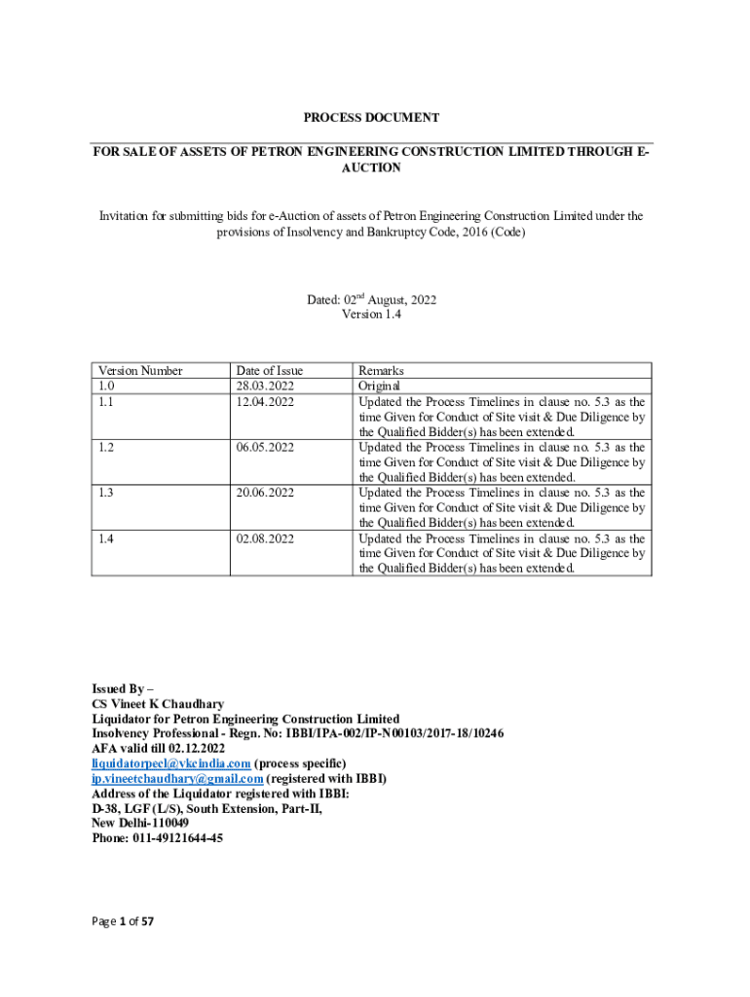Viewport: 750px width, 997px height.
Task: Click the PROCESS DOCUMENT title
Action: [x=371, y=118]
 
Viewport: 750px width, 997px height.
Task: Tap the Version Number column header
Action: [x=140, y=371]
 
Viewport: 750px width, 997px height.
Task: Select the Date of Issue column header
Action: [x=270, y=371]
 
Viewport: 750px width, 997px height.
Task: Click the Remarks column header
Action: [x=381, y=371]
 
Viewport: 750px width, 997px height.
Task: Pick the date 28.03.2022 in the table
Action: [x=265, y=387]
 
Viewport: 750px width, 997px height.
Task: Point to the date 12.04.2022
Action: [x=265, y=401]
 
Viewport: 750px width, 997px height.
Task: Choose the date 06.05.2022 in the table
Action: [x=265, y=447]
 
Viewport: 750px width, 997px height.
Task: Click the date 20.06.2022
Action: [x=265, y=493]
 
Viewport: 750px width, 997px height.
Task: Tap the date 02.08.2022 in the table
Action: [x=265, y=538]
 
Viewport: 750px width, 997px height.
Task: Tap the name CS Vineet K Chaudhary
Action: [x=158, y=704]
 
